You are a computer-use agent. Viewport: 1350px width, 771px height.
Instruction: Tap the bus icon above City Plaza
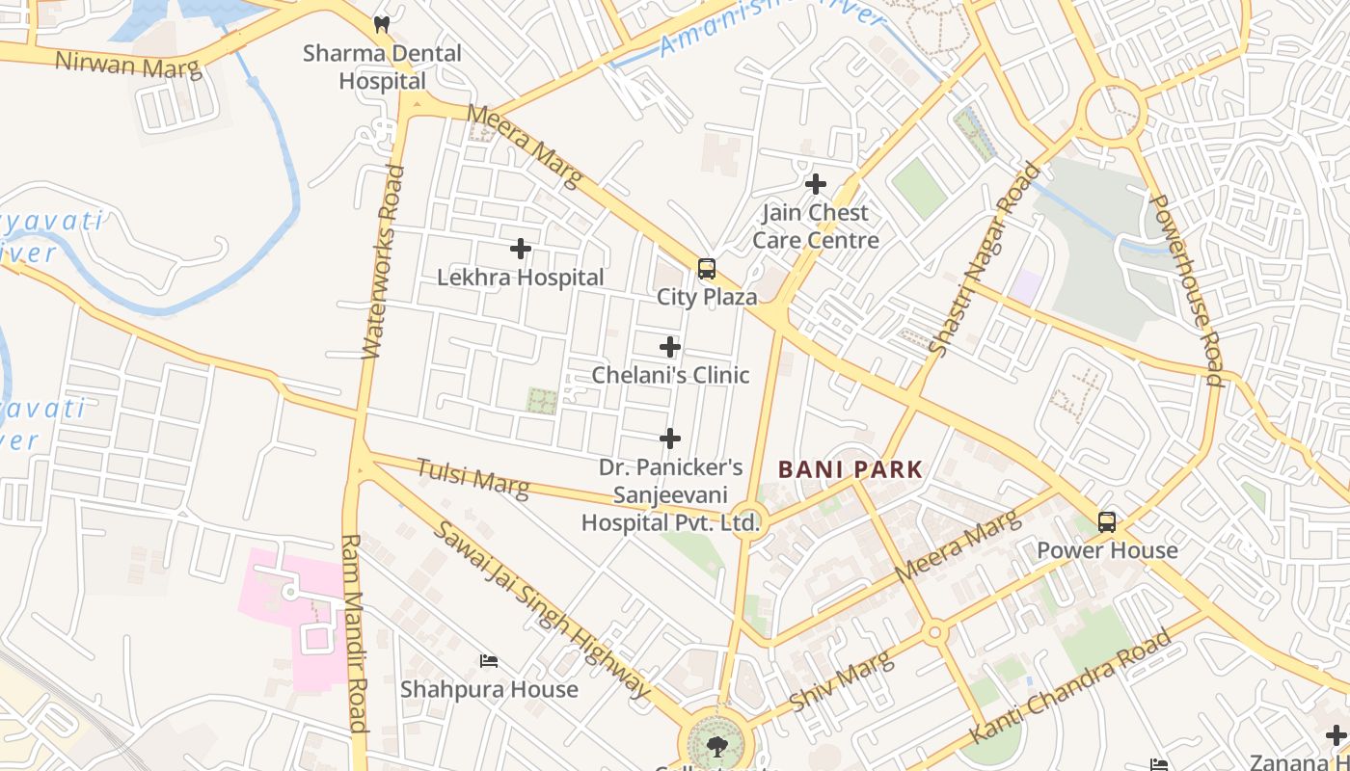click(707, 268)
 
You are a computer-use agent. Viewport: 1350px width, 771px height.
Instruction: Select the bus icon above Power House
click(1107, 522)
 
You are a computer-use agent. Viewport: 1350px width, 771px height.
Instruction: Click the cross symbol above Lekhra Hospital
click(521, 249)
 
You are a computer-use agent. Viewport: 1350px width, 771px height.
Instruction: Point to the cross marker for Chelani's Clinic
click(670, 347)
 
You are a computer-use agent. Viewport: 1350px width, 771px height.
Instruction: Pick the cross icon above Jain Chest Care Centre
click(816, 184)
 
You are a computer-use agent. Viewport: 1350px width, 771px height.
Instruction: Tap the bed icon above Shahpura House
click(489, 661)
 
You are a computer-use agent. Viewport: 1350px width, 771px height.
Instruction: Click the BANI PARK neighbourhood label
click(850, 470)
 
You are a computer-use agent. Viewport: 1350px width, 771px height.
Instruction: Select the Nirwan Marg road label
click(128, 65)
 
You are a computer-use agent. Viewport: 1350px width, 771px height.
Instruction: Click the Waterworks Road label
click(381, 262)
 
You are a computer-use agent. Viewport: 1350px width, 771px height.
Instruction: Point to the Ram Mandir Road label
click(354, 633)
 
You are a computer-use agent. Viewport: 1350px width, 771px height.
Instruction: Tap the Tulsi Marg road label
click(472, 479)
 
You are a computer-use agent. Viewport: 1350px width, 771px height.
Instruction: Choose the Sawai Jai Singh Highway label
click(541, 609)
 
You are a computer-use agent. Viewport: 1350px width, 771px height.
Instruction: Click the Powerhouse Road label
click(1187, 290)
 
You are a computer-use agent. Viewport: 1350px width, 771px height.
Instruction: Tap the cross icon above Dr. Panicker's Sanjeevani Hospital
click(670, 439)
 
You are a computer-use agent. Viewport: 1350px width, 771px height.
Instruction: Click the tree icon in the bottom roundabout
click(715, 745)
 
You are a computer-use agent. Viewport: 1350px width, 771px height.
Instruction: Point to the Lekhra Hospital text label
click(521, 278)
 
